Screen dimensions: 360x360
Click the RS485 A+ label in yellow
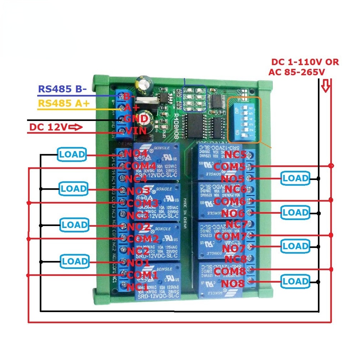coord(63,103)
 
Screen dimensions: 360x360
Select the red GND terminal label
coord(136,118)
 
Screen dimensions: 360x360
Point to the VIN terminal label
coord(136,131)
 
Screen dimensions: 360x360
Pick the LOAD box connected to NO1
coord(75,261)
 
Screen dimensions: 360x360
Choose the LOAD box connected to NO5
coord(296,178)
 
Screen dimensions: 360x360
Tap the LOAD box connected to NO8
coord(296,281)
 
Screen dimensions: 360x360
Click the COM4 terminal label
coord(140,166)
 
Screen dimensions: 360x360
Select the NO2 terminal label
coord(139,227)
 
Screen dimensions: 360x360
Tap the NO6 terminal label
coord(233,213)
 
